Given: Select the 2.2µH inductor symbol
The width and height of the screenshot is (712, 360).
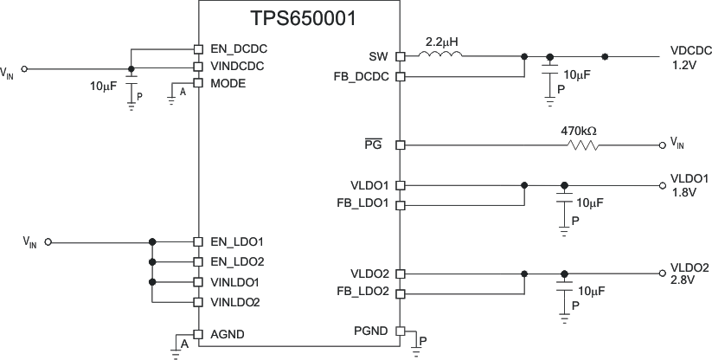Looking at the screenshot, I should tap(440, 57).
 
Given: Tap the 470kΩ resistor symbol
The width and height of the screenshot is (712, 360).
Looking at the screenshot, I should tap(581, 145).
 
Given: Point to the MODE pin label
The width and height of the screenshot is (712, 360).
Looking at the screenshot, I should tap(228, 83).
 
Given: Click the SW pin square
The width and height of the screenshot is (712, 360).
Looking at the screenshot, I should tap(400, 57).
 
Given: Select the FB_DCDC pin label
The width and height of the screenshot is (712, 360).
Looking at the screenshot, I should tap(367, 76).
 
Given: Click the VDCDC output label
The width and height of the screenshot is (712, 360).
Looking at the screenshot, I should tap(690, 51).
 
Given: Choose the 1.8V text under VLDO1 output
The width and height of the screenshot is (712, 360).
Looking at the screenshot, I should tap(683, 192).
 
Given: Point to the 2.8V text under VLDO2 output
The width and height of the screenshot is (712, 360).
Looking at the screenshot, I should tap(683, 281).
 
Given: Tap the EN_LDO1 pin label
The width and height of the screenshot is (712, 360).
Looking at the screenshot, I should tap(236, 241).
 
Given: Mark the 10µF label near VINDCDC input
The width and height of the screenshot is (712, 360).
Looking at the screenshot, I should tap(104, 87).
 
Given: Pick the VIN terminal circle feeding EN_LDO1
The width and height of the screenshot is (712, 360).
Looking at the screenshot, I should tap(48, 241).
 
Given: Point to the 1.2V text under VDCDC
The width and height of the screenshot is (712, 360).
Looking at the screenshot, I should tap(683, 64).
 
